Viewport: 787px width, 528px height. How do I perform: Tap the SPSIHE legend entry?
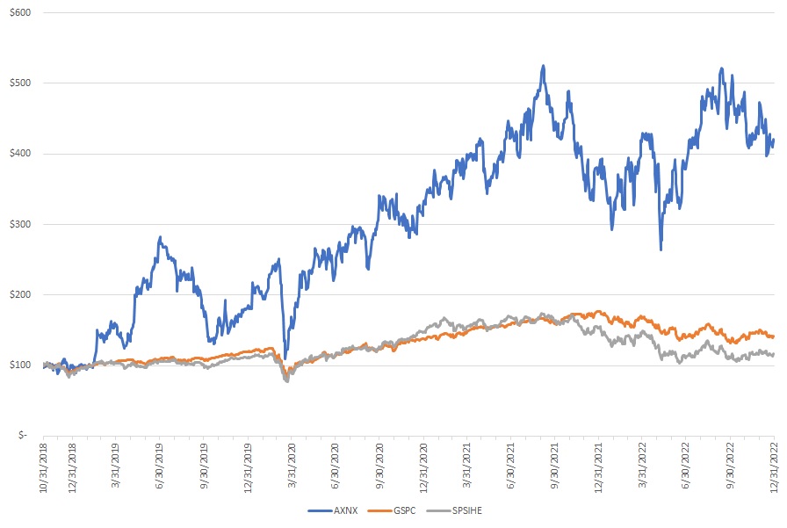tap(479, 511)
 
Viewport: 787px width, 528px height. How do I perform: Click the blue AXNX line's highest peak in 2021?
tap(544, 66)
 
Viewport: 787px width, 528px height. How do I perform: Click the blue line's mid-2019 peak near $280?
tap(160, 237)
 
